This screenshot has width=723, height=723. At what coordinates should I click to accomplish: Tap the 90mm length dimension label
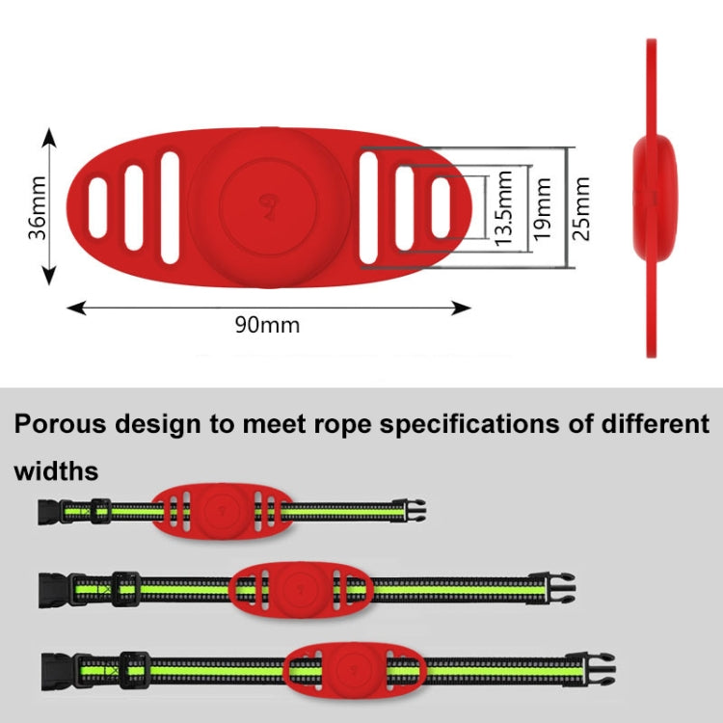(x=267, y=324)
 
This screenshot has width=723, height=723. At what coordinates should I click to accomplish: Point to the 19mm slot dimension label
(x=544, y=208)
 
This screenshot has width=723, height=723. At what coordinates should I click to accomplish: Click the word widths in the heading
(x=56, y=471)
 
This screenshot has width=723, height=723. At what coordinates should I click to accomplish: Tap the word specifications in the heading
(x=467, y=424)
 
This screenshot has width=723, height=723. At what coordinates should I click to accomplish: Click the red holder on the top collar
(x=218, y=510)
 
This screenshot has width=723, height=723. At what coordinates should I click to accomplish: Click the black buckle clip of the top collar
(x=415, y=509)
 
